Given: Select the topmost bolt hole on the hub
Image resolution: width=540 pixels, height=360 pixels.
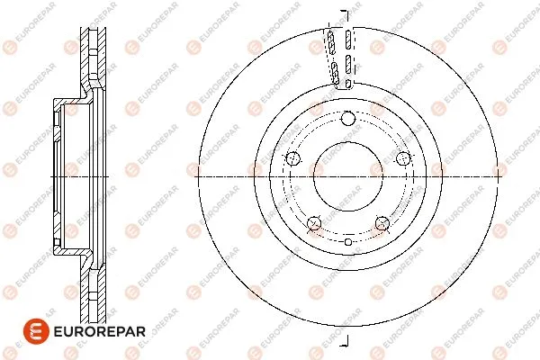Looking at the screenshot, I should click(347, 118).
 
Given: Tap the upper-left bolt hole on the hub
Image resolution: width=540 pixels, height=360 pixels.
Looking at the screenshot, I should click(292, 159).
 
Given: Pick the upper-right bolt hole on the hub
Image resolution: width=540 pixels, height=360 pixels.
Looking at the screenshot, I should click(402, 159).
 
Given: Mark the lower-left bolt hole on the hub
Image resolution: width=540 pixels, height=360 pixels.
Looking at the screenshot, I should click(314, 223).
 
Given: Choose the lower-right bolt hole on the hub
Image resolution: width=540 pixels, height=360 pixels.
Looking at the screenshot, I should click(382, 223).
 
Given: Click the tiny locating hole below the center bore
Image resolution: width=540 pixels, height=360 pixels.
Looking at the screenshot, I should click(347, 241).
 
